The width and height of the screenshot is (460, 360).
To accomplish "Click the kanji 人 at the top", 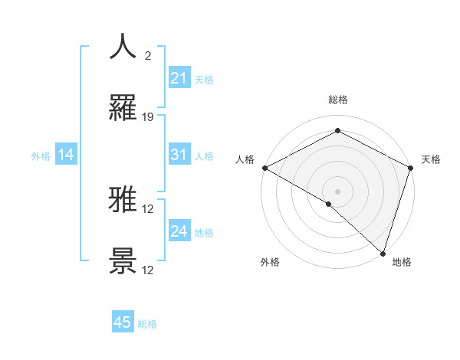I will tap(123, 47).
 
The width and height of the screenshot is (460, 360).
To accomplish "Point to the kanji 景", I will tap(123, 261).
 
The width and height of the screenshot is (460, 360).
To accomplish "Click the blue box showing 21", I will tap(179, 78).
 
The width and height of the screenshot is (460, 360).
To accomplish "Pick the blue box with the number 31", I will tap(179, 155).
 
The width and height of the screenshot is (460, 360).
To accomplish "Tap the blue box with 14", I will tap(66, 155).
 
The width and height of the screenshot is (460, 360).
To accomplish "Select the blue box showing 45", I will tap(123, 322).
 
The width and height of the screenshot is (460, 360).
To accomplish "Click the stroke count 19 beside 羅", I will tap(148, 117).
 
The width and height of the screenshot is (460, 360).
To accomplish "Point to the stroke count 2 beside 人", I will tap(147, 56).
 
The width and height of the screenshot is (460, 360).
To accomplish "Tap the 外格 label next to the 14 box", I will tap(41, 155).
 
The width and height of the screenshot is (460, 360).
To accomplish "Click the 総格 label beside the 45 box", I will tap(147, 324).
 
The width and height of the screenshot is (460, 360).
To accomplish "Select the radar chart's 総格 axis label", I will tap(337, 100).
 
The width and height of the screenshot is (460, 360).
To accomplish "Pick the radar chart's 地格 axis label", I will tap(402, 262).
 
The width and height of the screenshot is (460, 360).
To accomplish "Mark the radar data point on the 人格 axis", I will tap(264, 168).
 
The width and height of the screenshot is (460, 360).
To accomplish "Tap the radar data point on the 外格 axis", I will tap(329, 204).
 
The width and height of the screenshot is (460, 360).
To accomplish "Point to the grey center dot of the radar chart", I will tap(337, 191).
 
